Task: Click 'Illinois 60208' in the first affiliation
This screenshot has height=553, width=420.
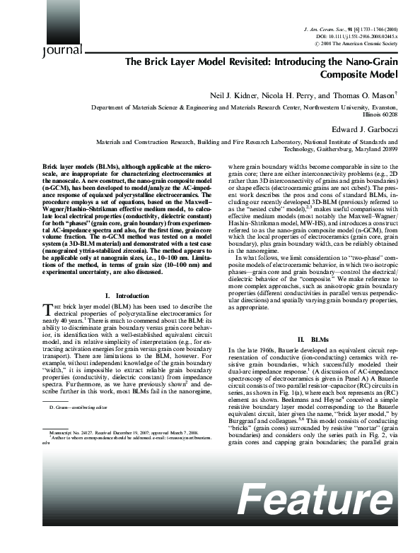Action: pos(378,113)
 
